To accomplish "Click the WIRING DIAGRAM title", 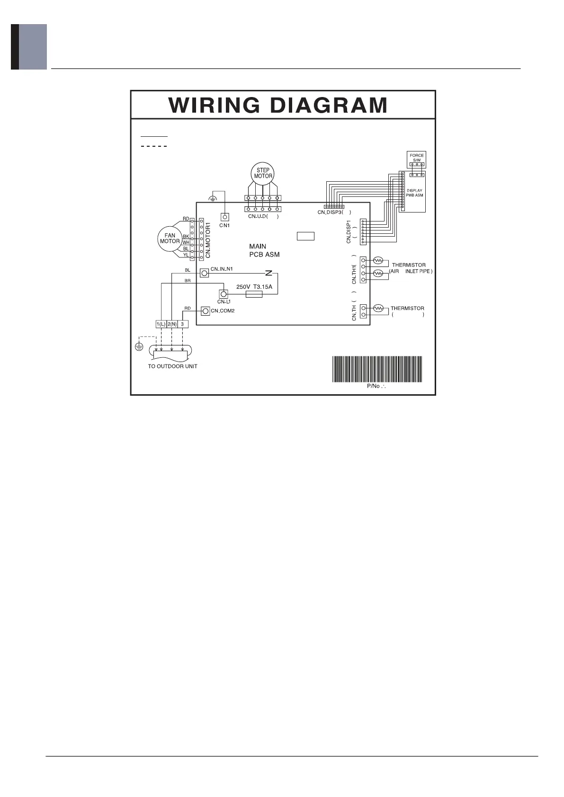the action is [x=278, y=105].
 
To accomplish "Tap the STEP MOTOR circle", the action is [x=263, y=173].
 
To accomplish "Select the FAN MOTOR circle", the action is [x=170, y=238].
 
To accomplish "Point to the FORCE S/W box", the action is [x=417, y=158].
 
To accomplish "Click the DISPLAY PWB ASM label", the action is [x=414, y=193].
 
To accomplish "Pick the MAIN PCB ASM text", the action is [x=264, y=250].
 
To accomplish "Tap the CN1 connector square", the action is [x=225, y=217].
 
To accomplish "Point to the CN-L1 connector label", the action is [x=224, y=301].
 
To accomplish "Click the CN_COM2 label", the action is [x=223, y=311].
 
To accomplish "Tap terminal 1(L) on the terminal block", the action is [x=161, y=324].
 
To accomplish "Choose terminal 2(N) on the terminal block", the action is [x=172, y=324].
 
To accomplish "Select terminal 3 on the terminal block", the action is [x=183, y=324].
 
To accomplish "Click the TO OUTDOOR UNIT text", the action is [x=173, y=366].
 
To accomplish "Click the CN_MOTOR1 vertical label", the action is [x=208, y=239].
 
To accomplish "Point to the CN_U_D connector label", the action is [x=263, y=217].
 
